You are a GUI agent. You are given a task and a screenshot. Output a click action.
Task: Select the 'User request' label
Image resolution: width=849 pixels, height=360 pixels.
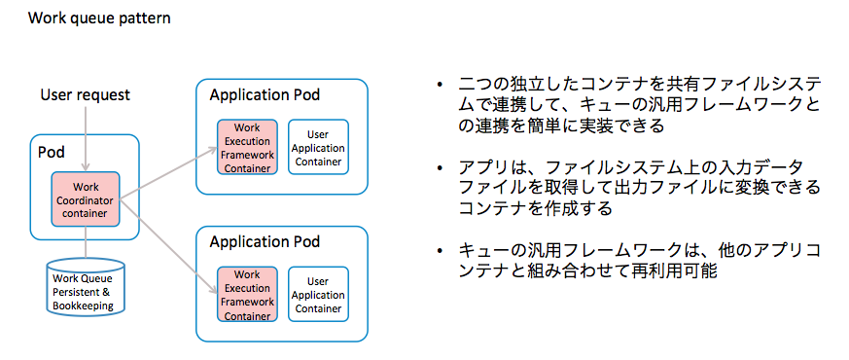[x=85, y=95]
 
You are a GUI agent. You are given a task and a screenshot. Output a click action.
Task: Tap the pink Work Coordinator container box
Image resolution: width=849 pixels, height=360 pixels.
[x=85, y=199]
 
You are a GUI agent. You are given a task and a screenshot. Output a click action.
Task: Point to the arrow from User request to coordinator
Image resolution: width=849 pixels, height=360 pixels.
[x=86, y=139]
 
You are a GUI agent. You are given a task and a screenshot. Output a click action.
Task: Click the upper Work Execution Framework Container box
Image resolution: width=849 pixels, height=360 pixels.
[x=247, y=147]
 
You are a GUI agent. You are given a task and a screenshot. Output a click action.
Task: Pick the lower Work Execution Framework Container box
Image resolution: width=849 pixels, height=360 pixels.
[x=247, y=295]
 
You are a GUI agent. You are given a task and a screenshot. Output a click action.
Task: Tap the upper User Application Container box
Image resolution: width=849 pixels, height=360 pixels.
[x=318, y=147]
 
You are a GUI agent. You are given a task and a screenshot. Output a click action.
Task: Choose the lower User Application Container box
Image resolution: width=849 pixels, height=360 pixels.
[x=318, y=295]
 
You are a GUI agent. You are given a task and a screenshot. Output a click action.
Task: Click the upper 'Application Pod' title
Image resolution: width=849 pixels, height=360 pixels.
[x=265, y=95]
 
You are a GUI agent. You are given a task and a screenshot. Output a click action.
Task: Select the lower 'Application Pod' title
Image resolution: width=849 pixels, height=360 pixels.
[x=265, y=241]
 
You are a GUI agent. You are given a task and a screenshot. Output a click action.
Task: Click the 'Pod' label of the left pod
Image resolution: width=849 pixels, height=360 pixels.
[x=51, y=154]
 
